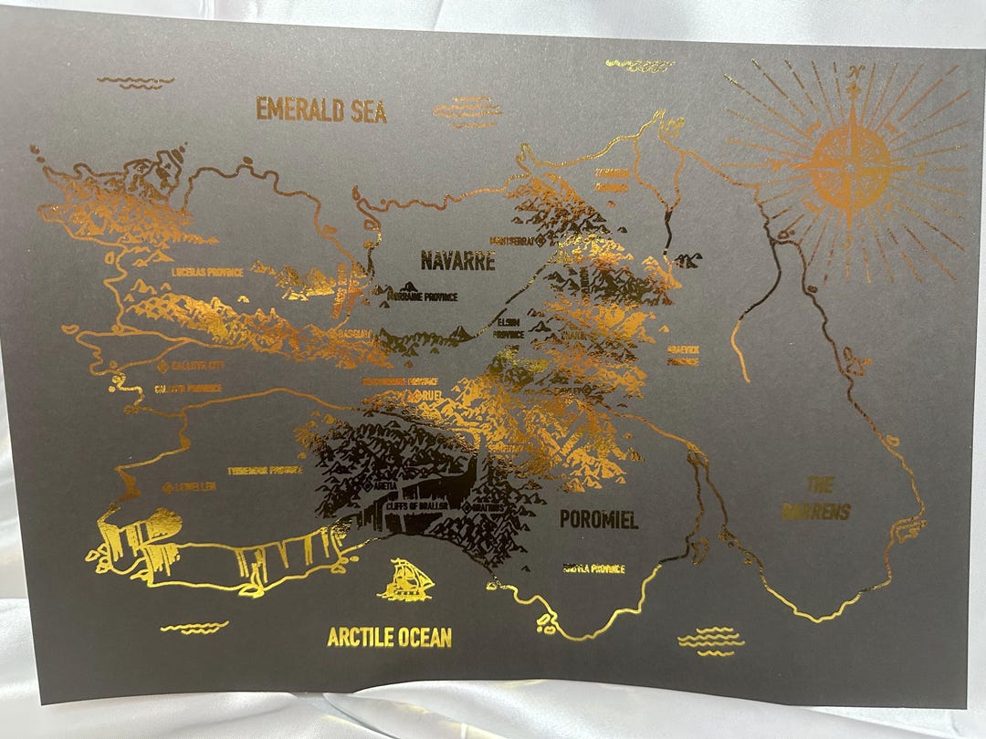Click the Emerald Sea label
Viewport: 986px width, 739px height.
tap(321, 109)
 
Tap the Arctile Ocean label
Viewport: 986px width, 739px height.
tap(390, 637)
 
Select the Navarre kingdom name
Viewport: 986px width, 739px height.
tap(457, 261)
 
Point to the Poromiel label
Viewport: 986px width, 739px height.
tap(598, 520)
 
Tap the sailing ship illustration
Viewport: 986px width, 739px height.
tap(406, 580)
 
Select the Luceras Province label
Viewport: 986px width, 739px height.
tap(206, 272)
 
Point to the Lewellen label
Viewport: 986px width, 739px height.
tap(195, 487)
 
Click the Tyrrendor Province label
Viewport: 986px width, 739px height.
tap(265, 470)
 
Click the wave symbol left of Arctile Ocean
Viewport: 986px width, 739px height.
tap(194, 627)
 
